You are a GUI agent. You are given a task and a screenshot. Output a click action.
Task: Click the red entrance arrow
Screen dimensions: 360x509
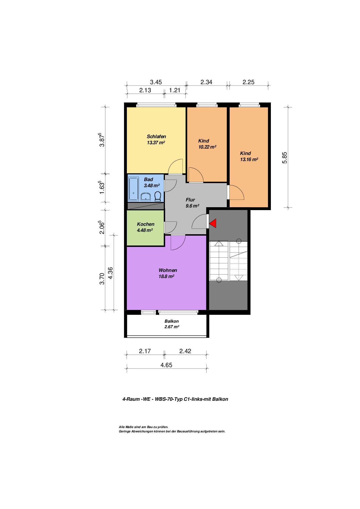[213, 223]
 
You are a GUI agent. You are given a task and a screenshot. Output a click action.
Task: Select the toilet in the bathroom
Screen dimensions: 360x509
[158, 196]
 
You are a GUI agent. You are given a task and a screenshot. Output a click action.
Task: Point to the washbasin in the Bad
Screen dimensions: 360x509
[145, 197]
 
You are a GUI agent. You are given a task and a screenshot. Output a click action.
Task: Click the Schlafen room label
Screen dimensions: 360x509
[156, 136]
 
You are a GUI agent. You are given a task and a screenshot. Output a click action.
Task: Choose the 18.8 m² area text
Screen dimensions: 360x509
[166, 277]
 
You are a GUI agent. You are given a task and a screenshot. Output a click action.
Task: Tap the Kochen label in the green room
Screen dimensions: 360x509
[146, 224]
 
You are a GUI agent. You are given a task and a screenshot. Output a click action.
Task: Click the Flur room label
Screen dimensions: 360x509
[190, 200]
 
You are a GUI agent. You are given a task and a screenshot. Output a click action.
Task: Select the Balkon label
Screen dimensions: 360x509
[172, 321]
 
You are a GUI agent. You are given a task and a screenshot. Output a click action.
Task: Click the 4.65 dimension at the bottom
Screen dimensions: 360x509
[166, 365]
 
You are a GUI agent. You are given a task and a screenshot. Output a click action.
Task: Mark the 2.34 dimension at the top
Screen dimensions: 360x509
[206, 82]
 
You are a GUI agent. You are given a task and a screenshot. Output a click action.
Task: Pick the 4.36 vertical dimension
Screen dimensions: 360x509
[110, 273]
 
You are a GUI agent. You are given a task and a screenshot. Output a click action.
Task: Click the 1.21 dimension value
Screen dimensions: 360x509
[175, 90]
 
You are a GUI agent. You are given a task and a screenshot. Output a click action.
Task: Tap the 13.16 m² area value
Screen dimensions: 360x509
[249, 159]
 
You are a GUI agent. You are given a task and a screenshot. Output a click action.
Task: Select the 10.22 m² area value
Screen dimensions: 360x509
[207, 147]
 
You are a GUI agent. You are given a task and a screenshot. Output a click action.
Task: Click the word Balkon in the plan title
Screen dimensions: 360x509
[220, 399]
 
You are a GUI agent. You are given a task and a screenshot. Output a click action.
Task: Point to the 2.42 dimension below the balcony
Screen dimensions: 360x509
[185, 351]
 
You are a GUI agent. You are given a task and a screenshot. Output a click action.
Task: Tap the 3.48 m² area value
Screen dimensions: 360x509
[152, 185]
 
